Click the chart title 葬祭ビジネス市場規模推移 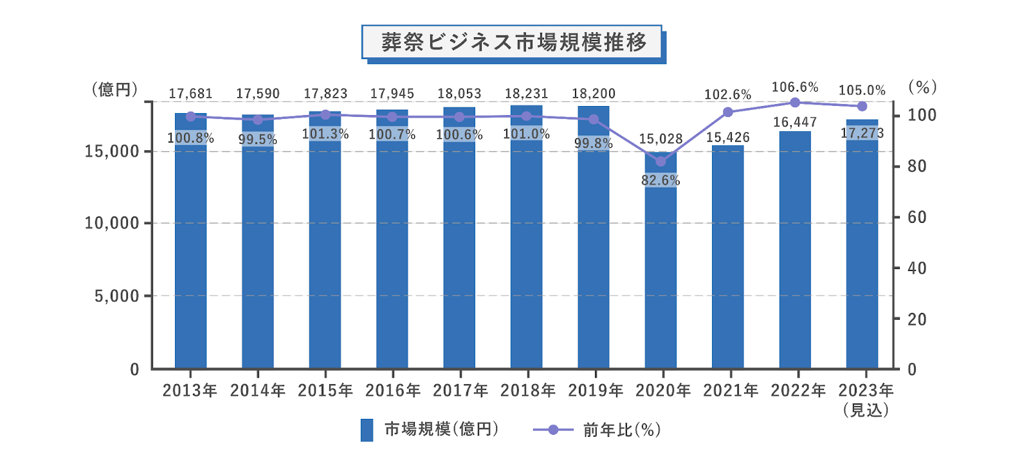513,42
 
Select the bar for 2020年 660,270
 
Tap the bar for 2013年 190,257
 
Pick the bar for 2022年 795,257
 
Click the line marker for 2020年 660,161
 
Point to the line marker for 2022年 795,103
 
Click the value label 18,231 527,94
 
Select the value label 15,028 660,139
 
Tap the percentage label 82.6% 660,181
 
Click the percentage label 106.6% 795,87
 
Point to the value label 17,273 862,134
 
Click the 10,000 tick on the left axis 112,224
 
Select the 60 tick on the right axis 916,217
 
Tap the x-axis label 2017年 460,391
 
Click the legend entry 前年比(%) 597,430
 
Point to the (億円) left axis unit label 115,89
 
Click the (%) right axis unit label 922,87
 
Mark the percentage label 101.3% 325,134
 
